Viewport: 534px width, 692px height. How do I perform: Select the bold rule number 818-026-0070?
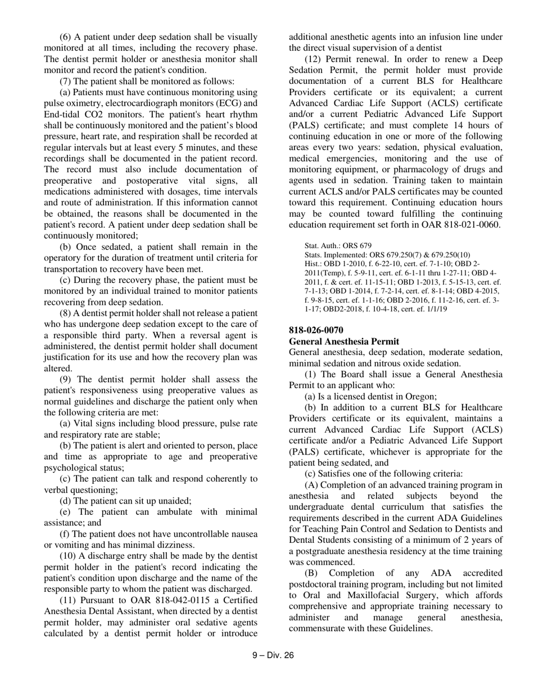(316, 330)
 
